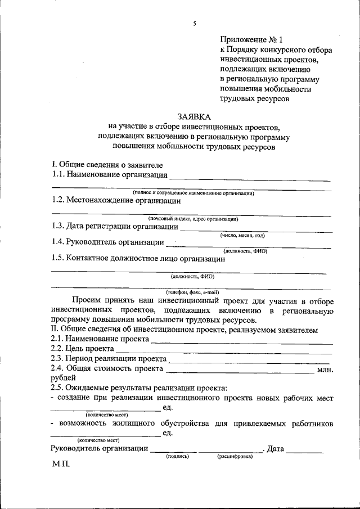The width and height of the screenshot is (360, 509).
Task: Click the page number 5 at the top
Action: pyautogui.click(x=193, y=23)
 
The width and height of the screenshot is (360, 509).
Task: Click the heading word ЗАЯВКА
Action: pyautogui.click(x=193, y=116)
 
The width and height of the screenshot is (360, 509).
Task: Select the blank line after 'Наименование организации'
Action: pyautogui.click(x=250, y=179)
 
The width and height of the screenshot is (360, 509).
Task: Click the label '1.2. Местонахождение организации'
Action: pyautogui.click(x=116, y=200)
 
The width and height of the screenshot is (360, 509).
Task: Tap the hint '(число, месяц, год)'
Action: pyautogui.click(x=242, y=236)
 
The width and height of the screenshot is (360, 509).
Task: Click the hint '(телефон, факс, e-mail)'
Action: pyautogui.click(x=192, y=292)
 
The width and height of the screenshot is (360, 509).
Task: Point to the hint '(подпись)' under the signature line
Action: pyautogui.click(x=176, y=457)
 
